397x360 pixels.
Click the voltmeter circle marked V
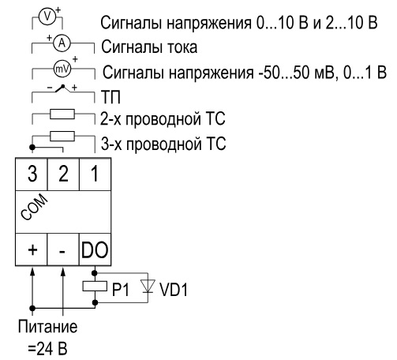click(47, 17)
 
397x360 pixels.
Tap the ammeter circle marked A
click(62, 43)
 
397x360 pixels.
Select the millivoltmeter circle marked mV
click(62, 69)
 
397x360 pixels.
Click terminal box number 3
click(32, 174)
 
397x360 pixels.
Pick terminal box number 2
click(63, 174)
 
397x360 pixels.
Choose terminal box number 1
click(95, 174)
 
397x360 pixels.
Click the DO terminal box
click(95, 249)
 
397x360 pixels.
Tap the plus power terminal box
click(32, 249)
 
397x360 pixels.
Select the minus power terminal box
click(63, 249)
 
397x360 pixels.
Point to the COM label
click(34, 207)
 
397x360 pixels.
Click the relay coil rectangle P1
click(95, 286)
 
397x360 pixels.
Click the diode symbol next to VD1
click(148, 286)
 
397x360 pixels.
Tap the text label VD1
click(174, 290)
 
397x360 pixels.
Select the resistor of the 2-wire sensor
click(62, 114)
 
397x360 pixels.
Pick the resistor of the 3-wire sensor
click(62, 137)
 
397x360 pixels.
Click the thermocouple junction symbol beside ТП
click(63, 89)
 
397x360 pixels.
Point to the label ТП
click(110, 97)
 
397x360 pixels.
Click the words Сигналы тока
click(149, 47)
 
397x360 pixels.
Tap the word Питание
click(48, 327)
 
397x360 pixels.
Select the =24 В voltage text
click(47, 348)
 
